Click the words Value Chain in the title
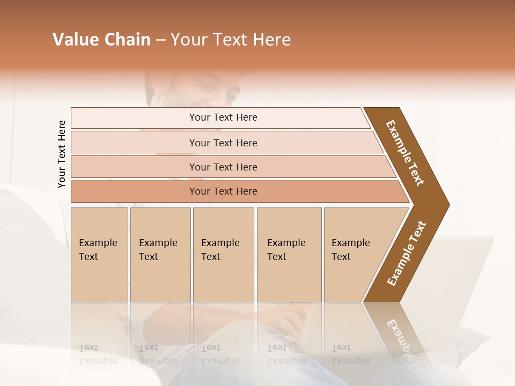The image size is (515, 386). [x=101, y=40]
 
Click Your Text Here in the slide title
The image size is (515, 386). [x=231, y=40]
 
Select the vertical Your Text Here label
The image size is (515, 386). [x=62, y=154]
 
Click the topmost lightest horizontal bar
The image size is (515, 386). [x=223, y=117]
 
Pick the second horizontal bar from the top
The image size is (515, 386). [x=223, y=143]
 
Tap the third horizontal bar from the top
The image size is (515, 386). [x=223, y=167]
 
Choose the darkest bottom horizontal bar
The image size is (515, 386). [x=223, y=191]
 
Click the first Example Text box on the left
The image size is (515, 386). [x=99, y=255]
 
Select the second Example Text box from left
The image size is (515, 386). [x=160, y=255]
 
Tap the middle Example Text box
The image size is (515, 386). [x=223, y=255]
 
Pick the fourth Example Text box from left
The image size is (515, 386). [x=289, y=255]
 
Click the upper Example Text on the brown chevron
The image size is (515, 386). [x=406, y=152]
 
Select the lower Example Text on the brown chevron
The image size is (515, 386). [x=407, y=254]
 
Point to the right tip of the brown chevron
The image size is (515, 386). [x=448, y=205]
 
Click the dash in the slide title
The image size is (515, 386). [x=160, y=40]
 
